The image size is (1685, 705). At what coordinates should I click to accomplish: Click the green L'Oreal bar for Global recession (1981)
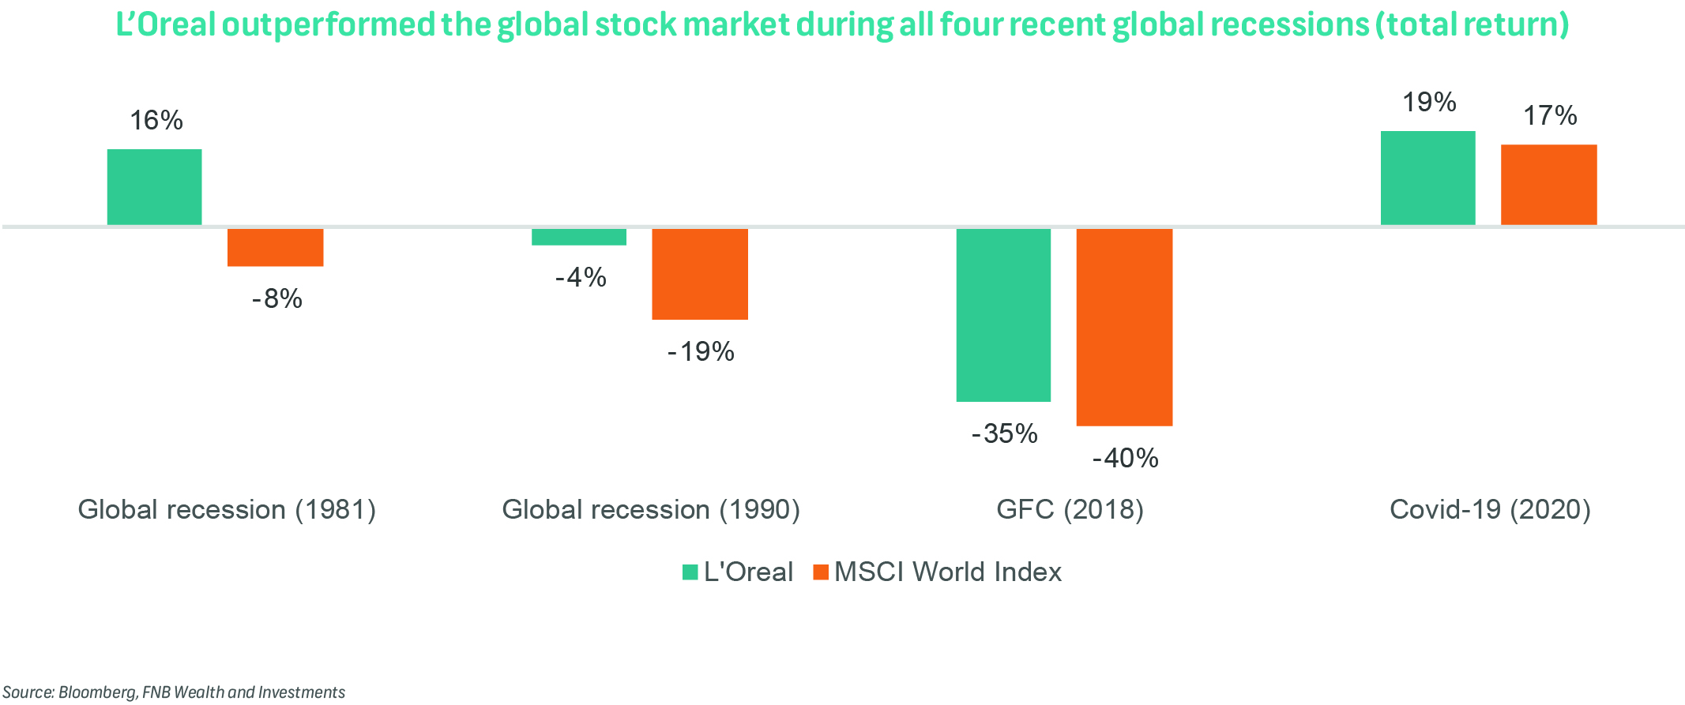click(154, 187)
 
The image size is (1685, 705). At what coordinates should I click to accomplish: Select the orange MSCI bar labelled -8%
click(275, 247)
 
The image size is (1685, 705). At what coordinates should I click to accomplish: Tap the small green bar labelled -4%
click(578, 237)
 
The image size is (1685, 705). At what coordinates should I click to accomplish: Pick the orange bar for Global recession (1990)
click(699, 274)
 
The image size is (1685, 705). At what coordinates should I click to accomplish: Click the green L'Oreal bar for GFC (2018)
click(1003, 315)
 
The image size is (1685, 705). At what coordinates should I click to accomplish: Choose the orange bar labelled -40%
click(1124, 327)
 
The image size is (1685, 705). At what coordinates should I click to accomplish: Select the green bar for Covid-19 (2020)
click(1427, 178)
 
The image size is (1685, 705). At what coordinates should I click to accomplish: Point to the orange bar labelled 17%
click(1548, 185)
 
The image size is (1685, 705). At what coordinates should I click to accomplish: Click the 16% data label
click(156, 121)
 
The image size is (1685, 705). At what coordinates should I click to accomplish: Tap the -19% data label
click(701, 352)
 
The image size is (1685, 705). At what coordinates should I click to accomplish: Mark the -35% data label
click(1004, 434)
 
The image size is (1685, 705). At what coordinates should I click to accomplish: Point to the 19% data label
click(1429, 103)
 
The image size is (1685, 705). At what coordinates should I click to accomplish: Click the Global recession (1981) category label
click(227, 510)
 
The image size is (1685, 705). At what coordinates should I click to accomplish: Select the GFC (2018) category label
click(1070, 510)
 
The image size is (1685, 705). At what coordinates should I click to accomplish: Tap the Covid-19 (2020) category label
click(1490, 510)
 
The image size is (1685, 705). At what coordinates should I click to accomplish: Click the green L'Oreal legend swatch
click(690, 572)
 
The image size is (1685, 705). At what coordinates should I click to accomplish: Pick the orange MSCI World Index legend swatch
click(821, 572)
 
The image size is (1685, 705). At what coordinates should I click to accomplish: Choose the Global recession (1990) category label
click(651, 510)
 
